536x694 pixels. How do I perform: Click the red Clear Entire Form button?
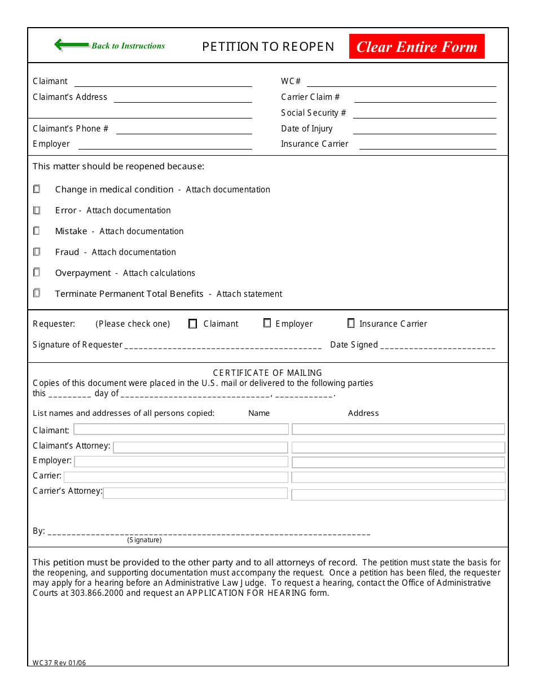416,46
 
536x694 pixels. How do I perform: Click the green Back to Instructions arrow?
72,45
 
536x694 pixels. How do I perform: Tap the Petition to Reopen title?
268,47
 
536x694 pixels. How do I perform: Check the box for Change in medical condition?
37,190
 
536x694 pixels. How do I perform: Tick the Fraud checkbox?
37,252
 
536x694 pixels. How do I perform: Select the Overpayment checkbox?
37,273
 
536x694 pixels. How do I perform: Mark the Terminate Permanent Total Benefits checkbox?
37,293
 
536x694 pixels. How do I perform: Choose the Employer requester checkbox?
267,323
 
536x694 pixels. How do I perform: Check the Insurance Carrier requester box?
351,323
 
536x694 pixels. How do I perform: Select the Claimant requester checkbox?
193,324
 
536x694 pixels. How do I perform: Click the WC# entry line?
401,82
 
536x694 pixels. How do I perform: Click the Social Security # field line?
425,113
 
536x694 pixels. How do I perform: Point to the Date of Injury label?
307,129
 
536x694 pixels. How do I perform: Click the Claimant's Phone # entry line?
184,129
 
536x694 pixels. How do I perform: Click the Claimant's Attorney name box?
200,447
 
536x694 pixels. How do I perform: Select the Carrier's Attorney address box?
398,495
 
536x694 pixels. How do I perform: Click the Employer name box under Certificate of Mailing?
181,462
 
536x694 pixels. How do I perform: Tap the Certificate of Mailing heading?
267,373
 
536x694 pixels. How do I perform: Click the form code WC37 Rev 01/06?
59,663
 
